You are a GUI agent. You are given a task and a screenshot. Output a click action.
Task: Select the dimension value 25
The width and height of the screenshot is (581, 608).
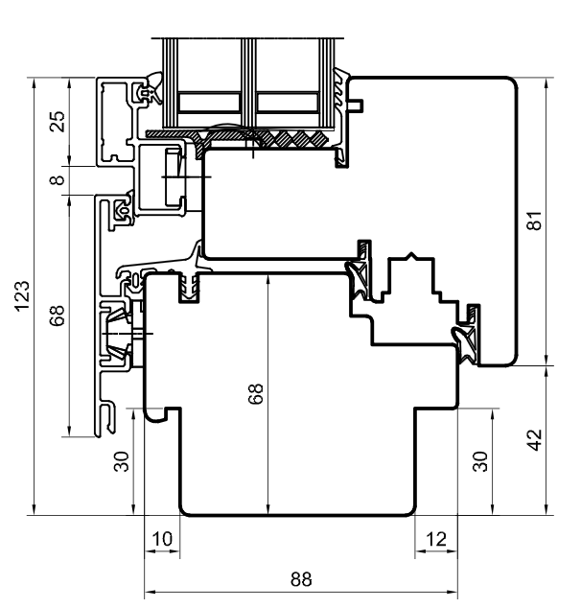click(x=58, y=122)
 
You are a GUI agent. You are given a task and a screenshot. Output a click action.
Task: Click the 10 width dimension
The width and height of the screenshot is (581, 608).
click(x=162, y=540)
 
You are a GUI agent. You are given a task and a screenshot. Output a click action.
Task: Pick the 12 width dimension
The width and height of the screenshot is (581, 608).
click(x=435, y=540)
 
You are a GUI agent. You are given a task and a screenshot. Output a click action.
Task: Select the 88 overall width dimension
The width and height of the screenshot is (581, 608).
click(x=301, y=579)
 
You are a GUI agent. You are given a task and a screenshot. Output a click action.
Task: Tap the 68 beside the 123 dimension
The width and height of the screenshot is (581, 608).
click(x=58, y=316)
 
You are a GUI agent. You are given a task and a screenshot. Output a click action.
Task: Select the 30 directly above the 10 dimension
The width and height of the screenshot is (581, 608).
click(x=121, y=461)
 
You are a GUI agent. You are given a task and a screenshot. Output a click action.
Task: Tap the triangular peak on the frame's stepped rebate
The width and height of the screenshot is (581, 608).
click(x=410, y=257)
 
